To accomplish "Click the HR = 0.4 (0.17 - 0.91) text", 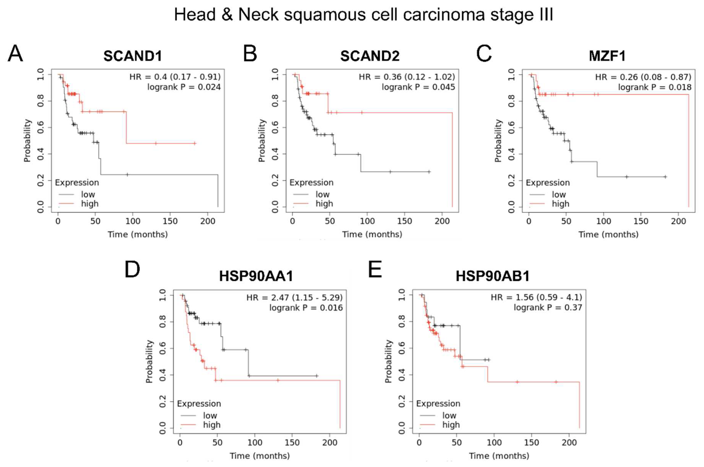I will (x=175, y=77).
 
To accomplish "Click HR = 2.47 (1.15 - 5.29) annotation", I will (x=294, y=297).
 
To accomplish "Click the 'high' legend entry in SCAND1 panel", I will (x=89, y=204).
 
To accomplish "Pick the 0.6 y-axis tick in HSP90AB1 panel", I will (x=402, y=346).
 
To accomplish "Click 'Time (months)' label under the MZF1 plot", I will (x=608, y=234).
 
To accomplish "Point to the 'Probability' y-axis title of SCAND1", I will (x=27, y=141).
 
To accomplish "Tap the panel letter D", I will (x=132, y=269).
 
